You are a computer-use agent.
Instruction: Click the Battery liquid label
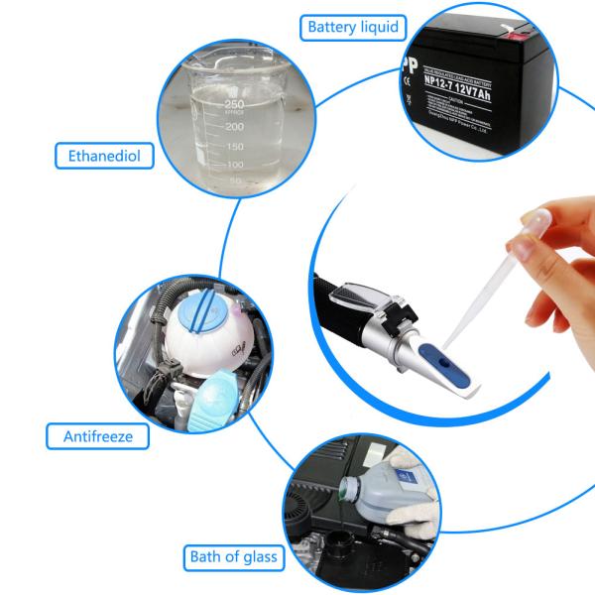click(353, 27)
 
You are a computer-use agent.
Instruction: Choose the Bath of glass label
click(232, 556)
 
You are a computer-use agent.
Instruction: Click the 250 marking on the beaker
click(234, 104)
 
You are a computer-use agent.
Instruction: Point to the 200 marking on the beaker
click(234, 127)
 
